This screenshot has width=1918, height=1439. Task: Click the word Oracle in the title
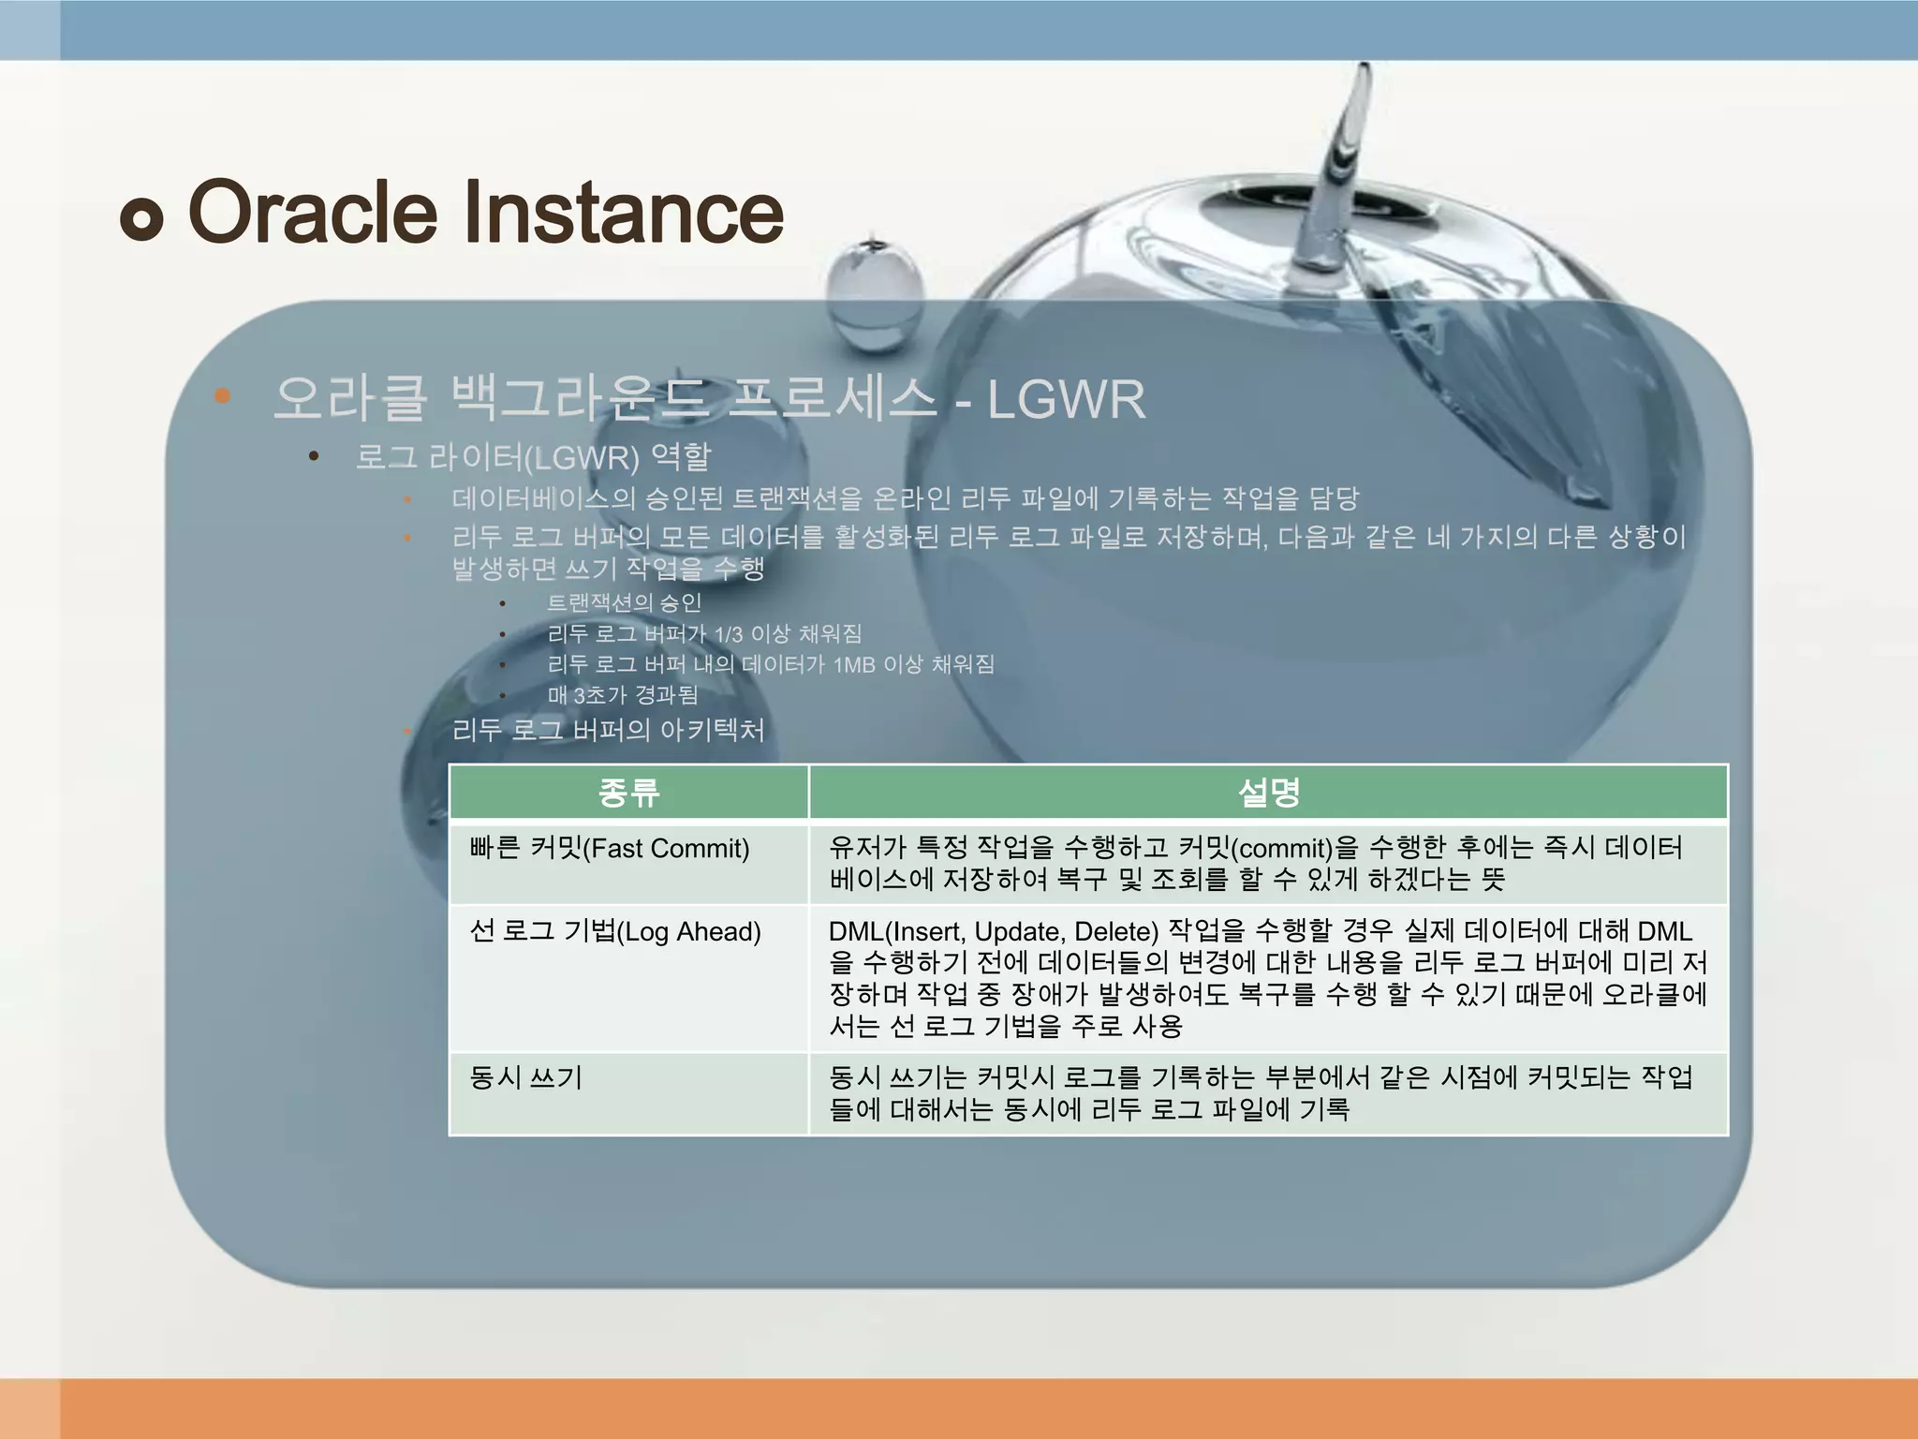[313, 212]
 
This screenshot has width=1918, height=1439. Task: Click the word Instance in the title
[623, 212]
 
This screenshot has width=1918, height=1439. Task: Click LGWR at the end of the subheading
[1066, 400]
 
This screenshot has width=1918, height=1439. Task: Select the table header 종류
[628, 793]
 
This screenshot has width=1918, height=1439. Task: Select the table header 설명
[1268, 793]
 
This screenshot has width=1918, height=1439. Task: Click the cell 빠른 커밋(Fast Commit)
[610, 849]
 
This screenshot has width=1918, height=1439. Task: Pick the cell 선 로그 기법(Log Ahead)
[615, 931]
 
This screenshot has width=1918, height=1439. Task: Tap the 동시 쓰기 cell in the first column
[525, 1077]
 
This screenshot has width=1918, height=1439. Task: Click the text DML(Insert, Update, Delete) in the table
[993, 931]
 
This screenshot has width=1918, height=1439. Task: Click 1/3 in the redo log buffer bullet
[728, 635]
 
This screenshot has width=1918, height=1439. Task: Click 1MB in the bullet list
[853, 665]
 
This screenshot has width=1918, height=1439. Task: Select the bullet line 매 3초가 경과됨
[623, 695]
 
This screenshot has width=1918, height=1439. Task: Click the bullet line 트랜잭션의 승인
[624, 602]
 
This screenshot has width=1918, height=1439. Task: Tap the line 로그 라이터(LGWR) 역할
[533, 457]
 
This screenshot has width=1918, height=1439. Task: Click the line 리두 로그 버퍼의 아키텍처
[608, 730]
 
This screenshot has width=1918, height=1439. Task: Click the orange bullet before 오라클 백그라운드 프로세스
[222, 396]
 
